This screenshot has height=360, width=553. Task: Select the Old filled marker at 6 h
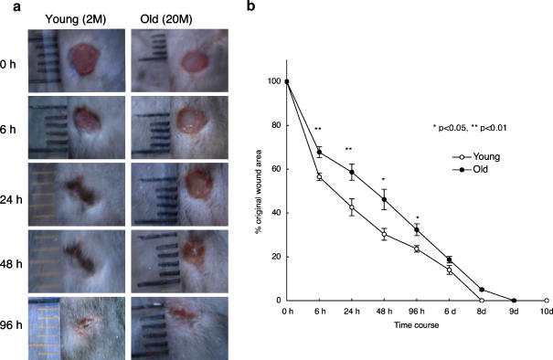320,152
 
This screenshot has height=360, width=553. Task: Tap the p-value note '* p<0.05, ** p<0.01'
469,128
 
